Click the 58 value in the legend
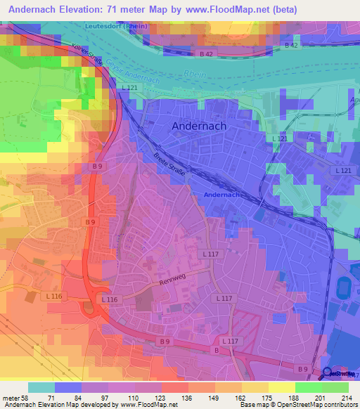(x=27, y=398)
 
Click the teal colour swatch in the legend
(x=41, y=387)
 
